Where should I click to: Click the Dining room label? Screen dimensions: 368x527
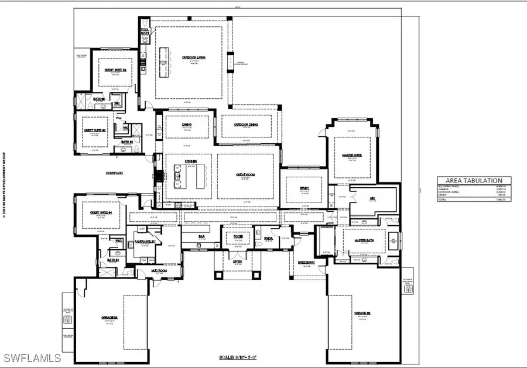(187, 124)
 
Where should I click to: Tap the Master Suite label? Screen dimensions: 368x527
(351, 155)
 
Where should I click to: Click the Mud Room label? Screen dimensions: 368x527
(144, 271)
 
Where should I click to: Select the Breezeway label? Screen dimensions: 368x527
(306, 262)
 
